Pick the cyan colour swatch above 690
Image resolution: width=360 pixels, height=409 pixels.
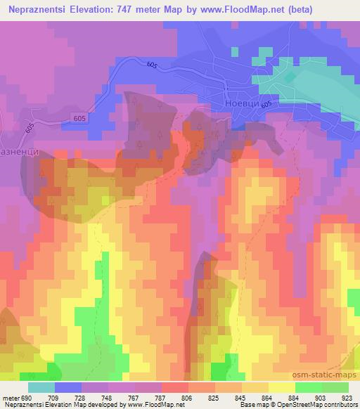coord(41,387)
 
